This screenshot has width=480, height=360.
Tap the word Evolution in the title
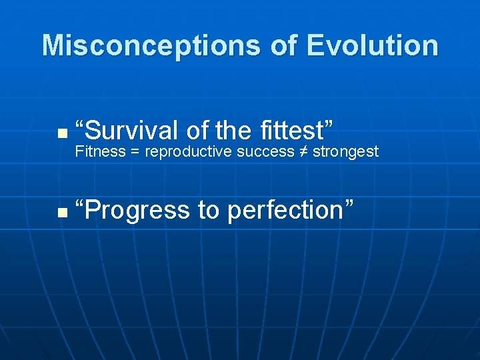tap(373, 46)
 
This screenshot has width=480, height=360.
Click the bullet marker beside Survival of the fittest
tap(61, 133)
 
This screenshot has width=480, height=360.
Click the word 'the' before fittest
tap(233, 129)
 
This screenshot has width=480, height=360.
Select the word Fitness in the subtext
tap(100, 152)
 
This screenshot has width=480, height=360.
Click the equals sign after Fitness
tap(135, 152)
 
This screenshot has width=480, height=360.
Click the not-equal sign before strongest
tap(304, 152)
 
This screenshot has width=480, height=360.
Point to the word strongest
tap(345, 153)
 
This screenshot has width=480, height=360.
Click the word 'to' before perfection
tap(209, 211)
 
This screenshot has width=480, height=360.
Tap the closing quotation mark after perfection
tap(349, 203)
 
